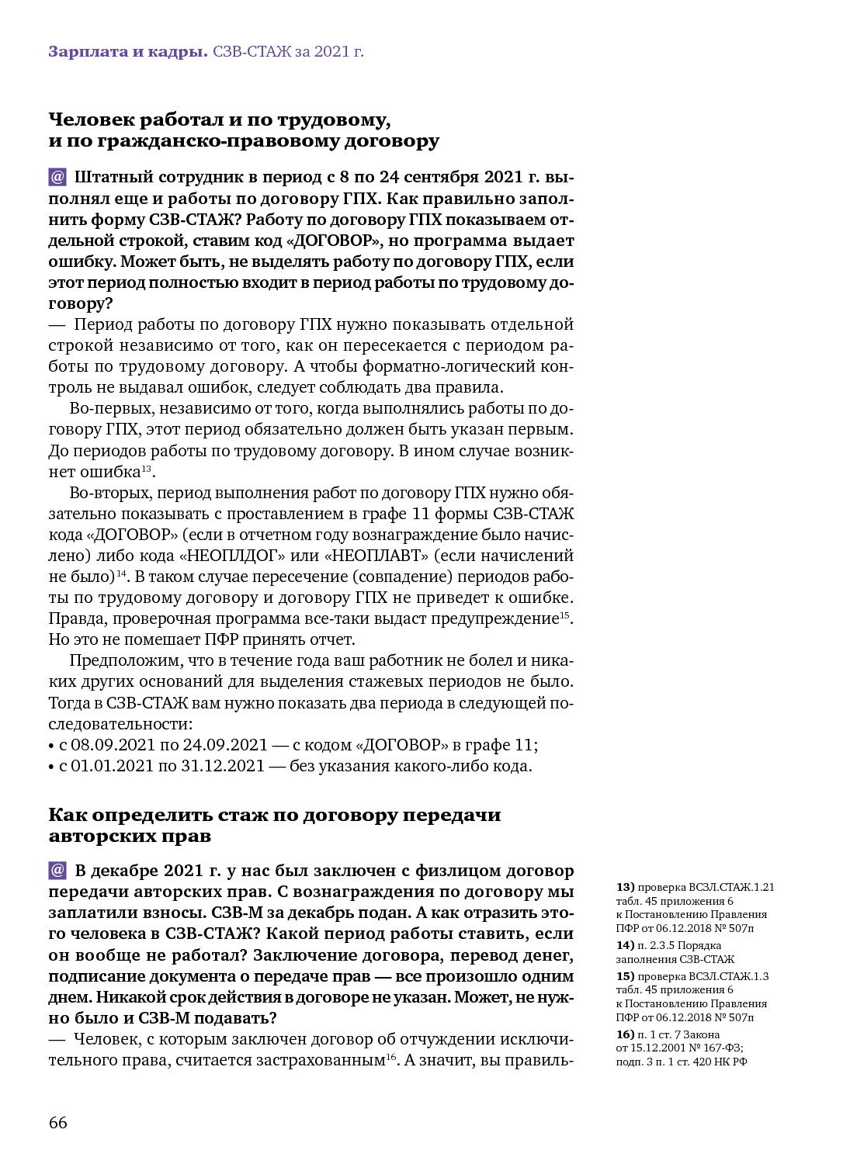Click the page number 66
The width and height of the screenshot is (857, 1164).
58,1123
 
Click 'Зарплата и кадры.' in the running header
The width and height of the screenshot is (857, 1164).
127,52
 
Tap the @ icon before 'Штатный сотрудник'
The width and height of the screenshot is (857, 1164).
57,177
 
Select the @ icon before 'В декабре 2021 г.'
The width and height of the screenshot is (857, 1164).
57,870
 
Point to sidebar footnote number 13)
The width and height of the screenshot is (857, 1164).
625,887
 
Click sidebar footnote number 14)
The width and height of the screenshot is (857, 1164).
625,945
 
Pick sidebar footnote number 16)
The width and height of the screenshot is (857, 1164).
625,1034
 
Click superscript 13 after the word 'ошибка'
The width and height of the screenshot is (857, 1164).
147,468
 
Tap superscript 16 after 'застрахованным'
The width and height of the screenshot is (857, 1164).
390,1056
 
